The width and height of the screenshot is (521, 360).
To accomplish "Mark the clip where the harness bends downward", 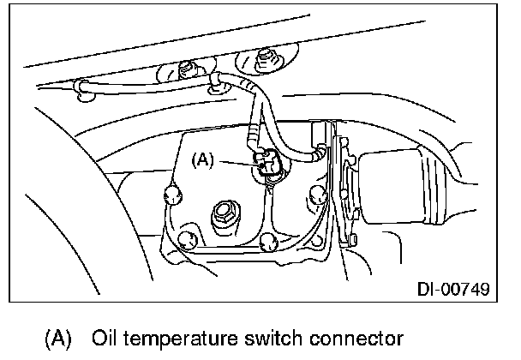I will [x=218, y=81].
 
